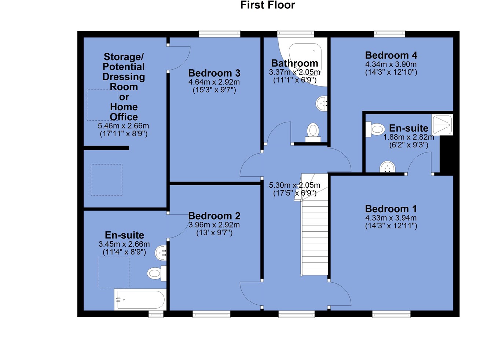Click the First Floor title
point(268,5)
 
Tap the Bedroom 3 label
point(214,73)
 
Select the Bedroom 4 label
point(391,55)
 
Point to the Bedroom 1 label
point(391,209)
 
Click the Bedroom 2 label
point(214,216)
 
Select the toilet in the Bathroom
point(313,133)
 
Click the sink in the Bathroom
point(322,103)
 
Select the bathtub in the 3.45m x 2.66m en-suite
point(140,300)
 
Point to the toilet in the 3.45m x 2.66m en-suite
point(157,273)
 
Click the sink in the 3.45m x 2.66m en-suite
point(161,253)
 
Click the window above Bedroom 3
point(219,34)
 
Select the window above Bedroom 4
point(390,34)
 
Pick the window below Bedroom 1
point(391,314)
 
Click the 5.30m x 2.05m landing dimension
point(294,185)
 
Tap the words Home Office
point(124,112)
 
